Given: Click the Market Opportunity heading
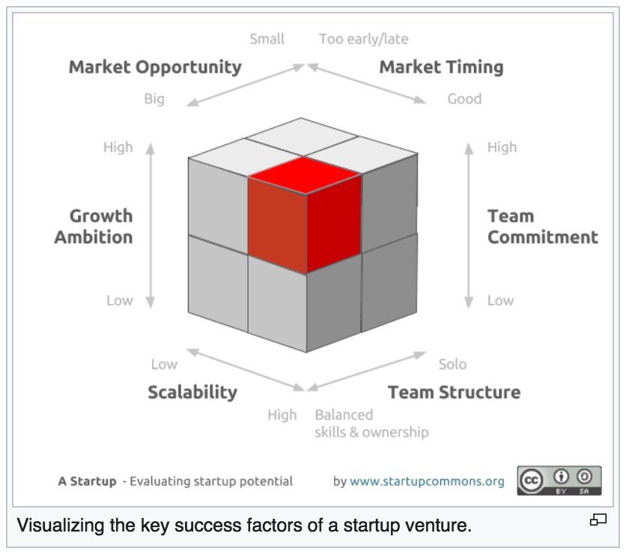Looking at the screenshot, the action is tap(155, 67).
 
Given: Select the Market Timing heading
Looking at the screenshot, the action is tap(441, 67).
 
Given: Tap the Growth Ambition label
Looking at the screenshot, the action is tap(94, 226).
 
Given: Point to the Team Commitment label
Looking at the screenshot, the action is tap(543, 226).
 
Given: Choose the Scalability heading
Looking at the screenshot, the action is tap(192, 392).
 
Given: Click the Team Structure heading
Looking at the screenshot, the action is tap(454, 392).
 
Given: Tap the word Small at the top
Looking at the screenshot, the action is tap(267, 39).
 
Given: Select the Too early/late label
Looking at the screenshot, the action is tap(363, 39).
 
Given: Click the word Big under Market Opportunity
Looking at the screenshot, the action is tap(154, 99).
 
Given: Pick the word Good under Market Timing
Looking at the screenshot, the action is tap(464, 99).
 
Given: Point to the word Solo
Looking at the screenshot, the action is tap(452, 364).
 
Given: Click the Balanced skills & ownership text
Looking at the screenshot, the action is tap(371, 424).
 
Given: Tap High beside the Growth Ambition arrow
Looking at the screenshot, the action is tap(118, 147).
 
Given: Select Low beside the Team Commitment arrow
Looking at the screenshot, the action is tap(500, 300).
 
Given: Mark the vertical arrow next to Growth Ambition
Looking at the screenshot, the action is tap(150, 225).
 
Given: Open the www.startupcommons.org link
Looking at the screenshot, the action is tap(427, 481).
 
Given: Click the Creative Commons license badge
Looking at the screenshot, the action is tap(559, 481).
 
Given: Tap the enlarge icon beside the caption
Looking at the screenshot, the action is tap(598, 520).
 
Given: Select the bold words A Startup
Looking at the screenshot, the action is tap(87, 481).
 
